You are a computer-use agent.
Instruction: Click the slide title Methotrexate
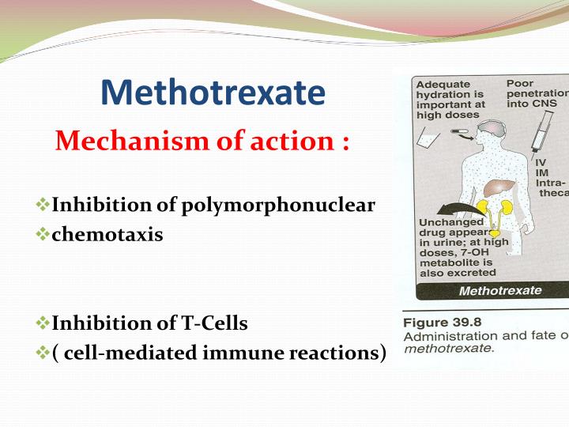(213, 93)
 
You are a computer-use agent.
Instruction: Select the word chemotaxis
(107, 234)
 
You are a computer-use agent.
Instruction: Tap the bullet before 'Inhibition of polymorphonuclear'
(43, 206)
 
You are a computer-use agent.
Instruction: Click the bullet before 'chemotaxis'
(43, 234)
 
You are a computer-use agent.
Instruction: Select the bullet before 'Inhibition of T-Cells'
(43, 323)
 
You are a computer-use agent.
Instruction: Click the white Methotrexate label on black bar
(500, 290)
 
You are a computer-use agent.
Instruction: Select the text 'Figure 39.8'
(443, 323)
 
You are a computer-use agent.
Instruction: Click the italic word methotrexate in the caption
(447, 348)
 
